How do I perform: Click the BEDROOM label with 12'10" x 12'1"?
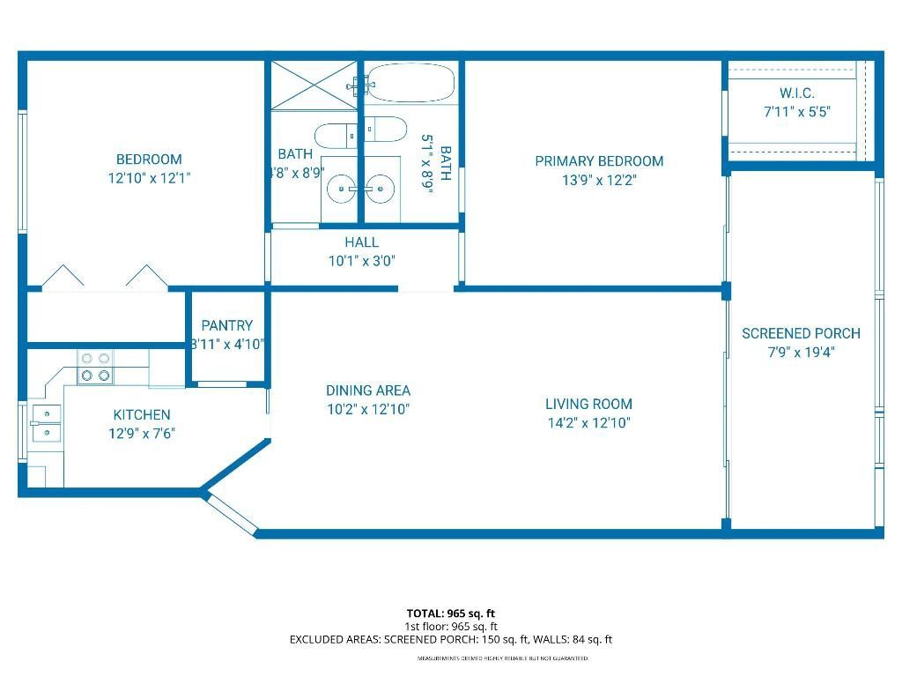click(x=149, y=160)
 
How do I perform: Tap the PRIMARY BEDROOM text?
click(x=599, y=161)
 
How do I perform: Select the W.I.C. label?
click(x=796, y=93)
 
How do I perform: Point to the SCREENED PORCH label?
click(x=801, y=333)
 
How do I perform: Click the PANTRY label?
click(x=226, y=325)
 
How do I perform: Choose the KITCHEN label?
click(x=142, y=414)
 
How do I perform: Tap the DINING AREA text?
click(x=367, y=391)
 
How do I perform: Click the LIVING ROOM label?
click(x=588, y=404)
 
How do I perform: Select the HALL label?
click(x=362, y=242)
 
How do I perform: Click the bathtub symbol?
click(x=410, y=85)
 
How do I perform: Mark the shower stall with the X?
click(x=314, y=85)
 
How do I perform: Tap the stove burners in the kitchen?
click(x=96, y=367)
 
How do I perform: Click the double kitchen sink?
click(x=45, y=423)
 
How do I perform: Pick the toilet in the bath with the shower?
click(x=335, y=136)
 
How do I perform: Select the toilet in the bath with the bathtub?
click(x=385, y=130)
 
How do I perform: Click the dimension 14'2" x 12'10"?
click(x=588, y=423)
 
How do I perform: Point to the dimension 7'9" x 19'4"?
click(x=801, y=353)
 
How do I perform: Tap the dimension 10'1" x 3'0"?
click(x=362, y=261)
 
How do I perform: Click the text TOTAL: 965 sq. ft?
click(x=451, y=614)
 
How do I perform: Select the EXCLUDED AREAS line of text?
click(x=451, y=640)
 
